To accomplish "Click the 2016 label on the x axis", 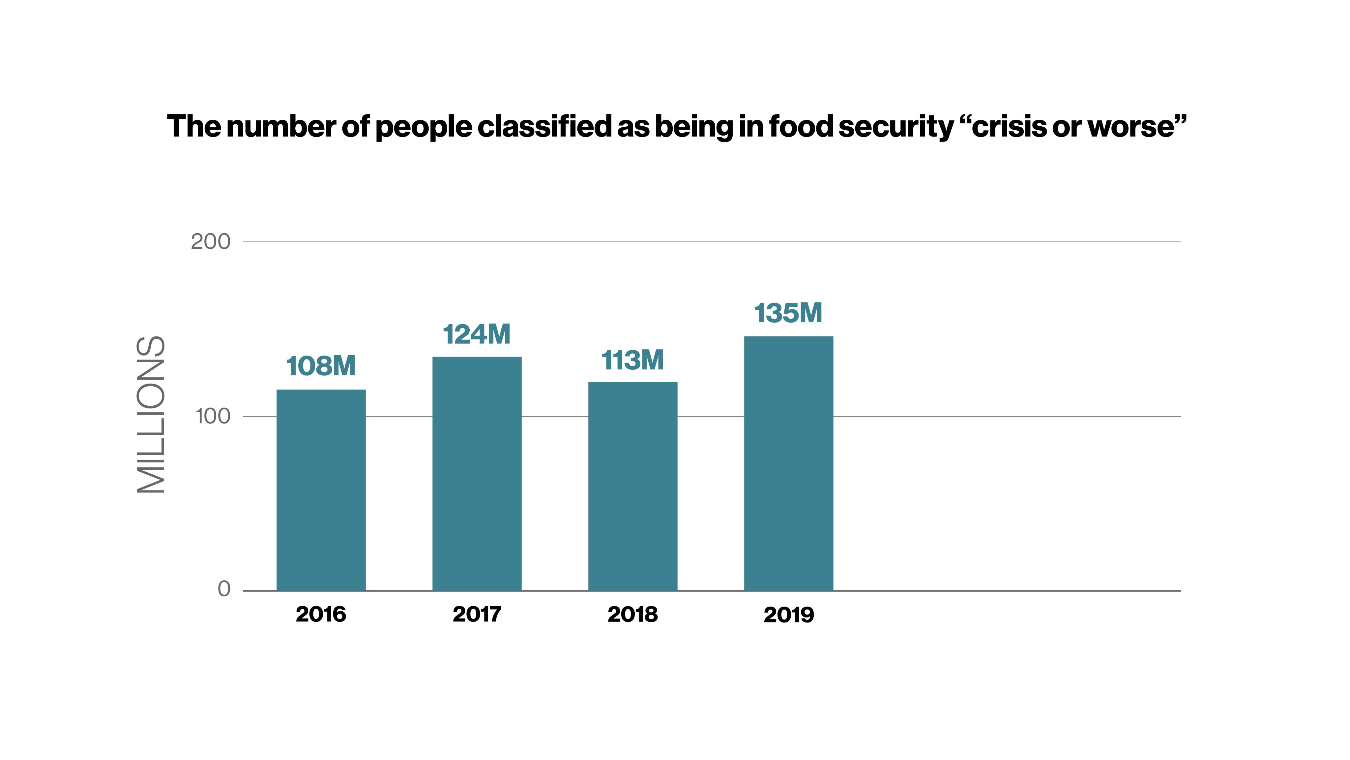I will pyautogui.click(x=321, y=614).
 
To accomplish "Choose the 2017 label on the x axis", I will pyautogui.click(x=477, y=614).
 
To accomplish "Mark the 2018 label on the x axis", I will pyautogui.click(x=632, y=614).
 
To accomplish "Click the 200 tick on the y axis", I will pyautogui.click(x=210, y=242).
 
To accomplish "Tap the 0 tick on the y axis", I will pyautogui.click(x=224, y=589).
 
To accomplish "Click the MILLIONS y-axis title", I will pyautogui.click(x=151, y=414).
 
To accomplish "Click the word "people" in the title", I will pyautogui.click(x=424, y=127).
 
